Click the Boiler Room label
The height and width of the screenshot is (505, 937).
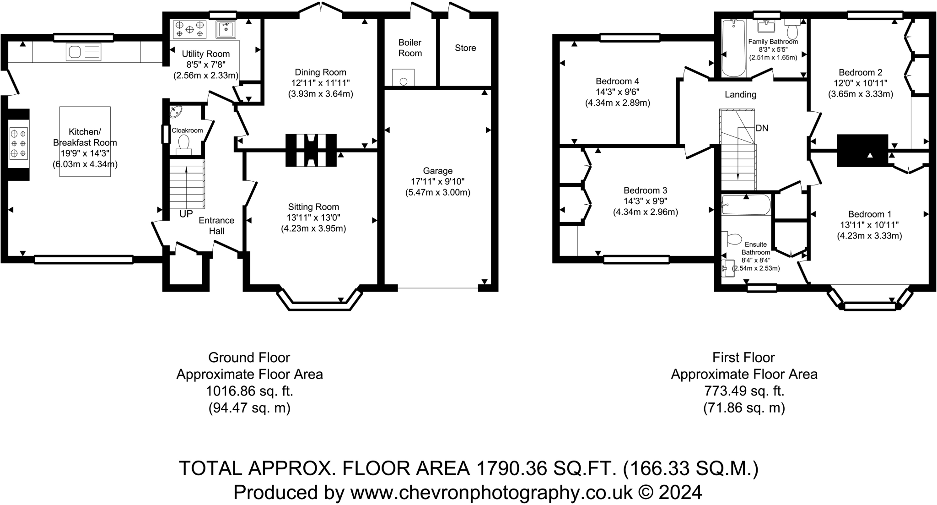tap(410, 48)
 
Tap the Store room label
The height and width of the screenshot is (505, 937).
tap(465, 48)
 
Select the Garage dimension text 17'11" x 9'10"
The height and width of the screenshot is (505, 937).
tap(438, 182)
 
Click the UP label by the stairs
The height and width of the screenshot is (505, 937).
tap(186, 214)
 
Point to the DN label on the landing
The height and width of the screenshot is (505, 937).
tap(762, 128)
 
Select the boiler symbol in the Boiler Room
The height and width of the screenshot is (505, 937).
tap(403, 77)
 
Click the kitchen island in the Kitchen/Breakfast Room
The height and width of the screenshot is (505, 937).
tap(85, 141)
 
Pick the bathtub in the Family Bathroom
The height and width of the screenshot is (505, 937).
tap(734, 48)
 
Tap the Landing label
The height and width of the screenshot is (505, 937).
tap(740, 95)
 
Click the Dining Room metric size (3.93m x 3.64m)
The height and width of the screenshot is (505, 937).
tap(320, 94)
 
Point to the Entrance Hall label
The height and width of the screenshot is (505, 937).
tap(216, 226)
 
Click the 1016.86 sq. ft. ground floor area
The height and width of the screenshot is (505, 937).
tap(249, 391)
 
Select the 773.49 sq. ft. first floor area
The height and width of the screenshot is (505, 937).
tap(744, 391)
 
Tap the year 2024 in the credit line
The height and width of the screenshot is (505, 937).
tap(681, 493)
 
